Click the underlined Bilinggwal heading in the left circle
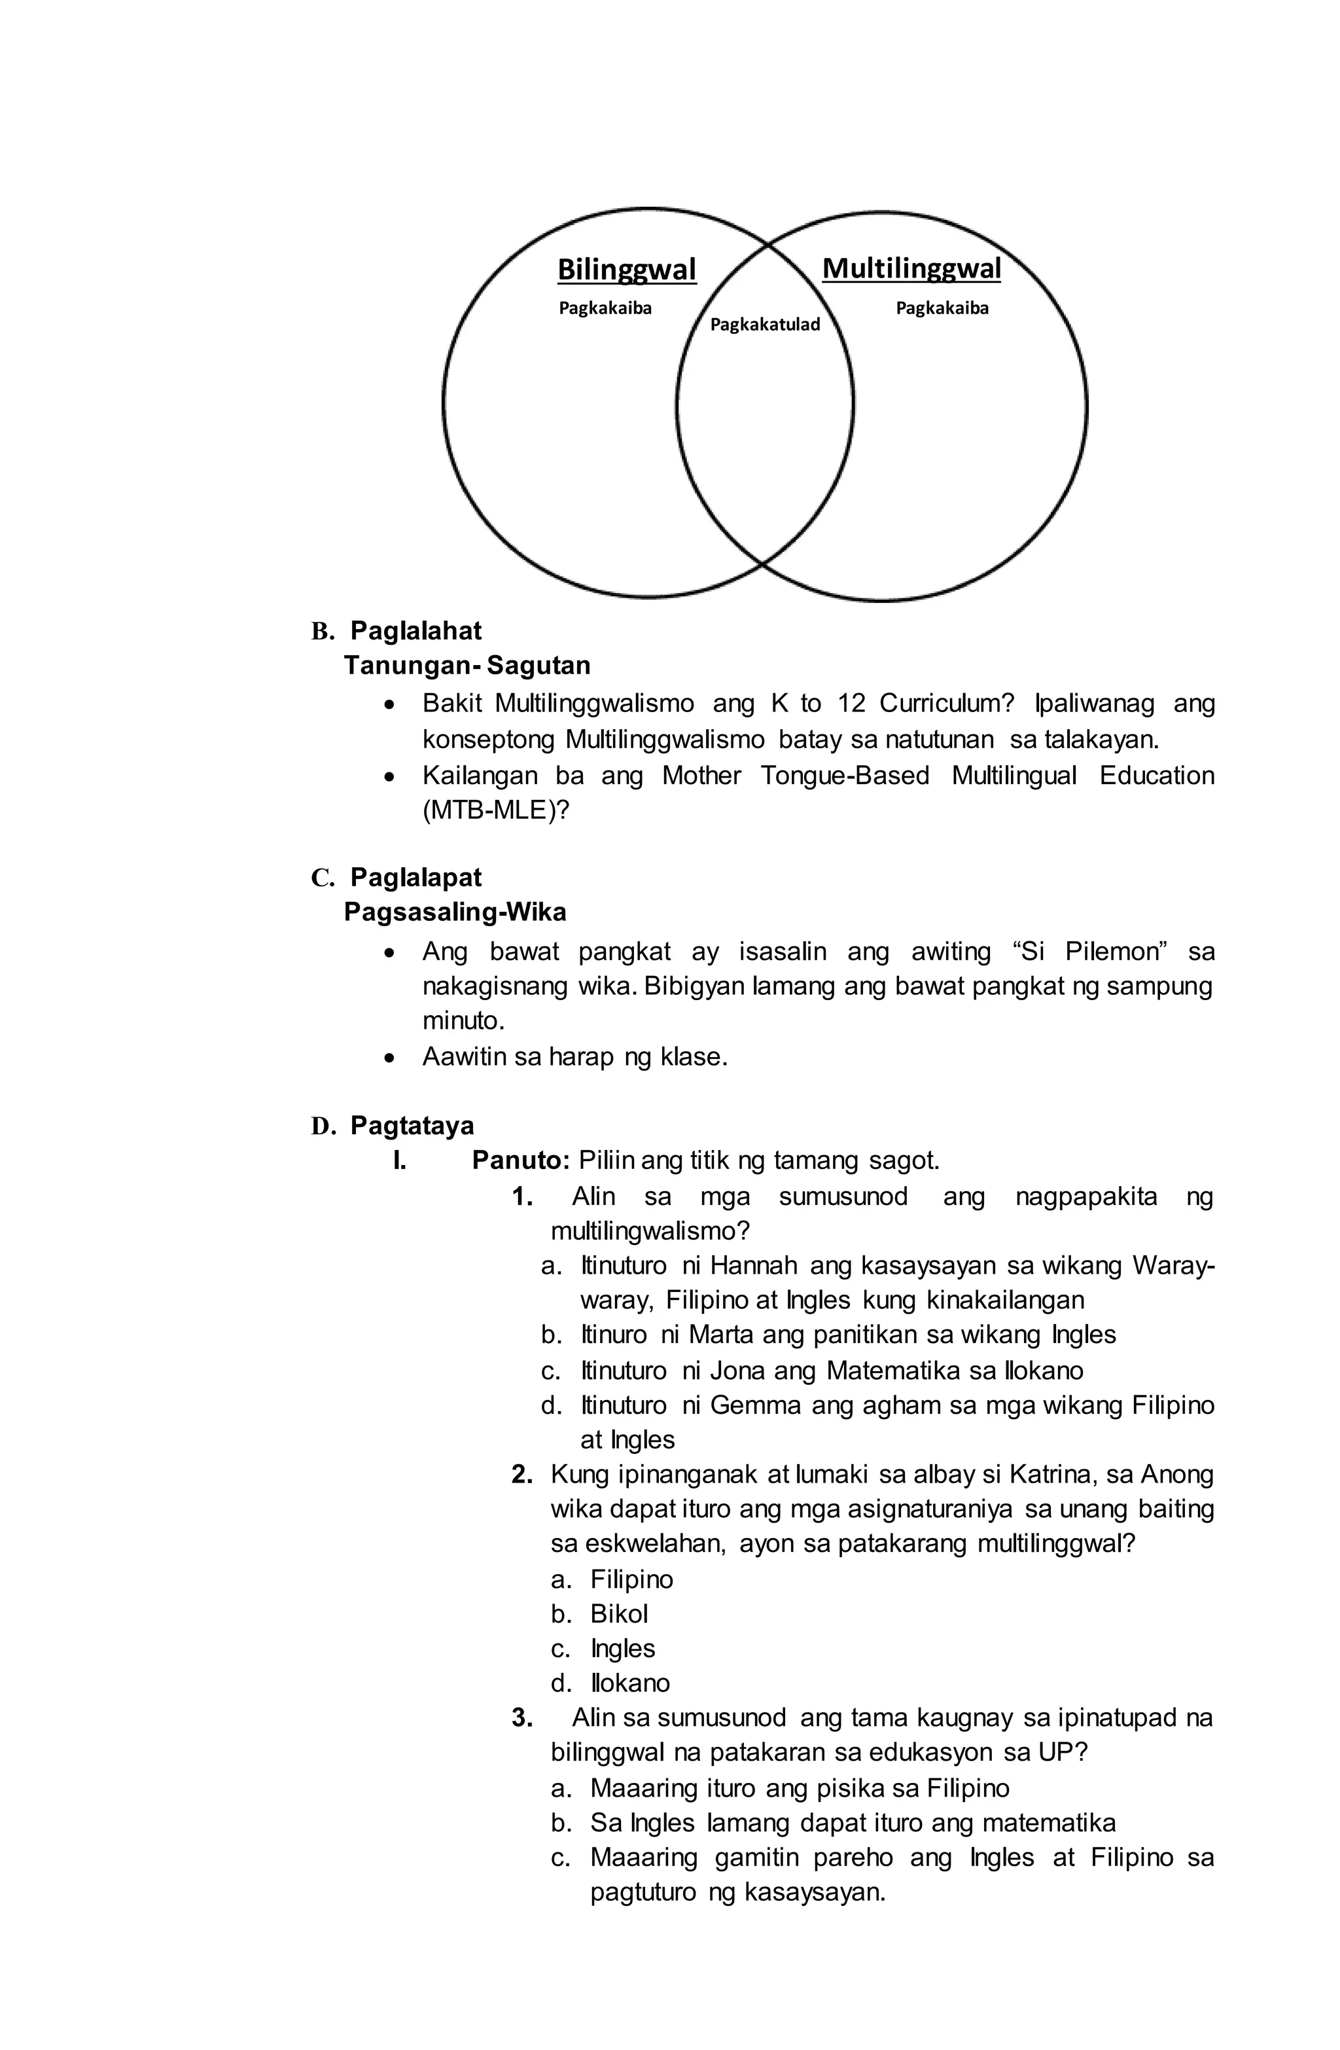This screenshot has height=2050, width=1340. [626, 270]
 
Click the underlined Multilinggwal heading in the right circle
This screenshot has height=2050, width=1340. [911, 269]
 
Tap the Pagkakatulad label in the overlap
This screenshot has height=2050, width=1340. [765, 325]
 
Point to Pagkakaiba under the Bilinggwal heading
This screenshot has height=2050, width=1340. [605, 308]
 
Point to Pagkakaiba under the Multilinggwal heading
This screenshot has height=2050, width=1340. [942, 308]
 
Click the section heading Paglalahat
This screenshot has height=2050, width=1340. [416, 632]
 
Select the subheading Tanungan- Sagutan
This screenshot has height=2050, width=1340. [467, 666]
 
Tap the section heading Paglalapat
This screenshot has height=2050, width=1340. [416, 878]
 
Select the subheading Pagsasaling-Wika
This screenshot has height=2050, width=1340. [455, 912]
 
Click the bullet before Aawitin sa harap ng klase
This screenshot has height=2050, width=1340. [391, 1058]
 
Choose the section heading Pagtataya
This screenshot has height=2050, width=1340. [412, 1126]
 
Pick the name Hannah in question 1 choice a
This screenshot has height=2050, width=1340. [754, 1266]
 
